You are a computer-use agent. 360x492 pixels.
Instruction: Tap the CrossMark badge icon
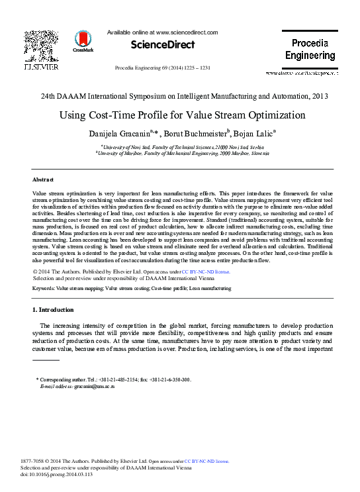(83, 40)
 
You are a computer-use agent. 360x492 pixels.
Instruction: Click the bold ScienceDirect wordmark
(163, 45)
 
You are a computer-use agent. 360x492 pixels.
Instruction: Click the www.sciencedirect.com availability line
(162, 32)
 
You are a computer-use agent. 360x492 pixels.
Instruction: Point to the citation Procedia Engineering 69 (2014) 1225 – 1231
(163, 68)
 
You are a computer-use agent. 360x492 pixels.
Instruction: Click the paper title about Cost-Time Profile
(182, 115)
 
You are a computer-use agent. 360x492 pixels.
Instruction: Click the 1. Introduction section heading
(53, 310)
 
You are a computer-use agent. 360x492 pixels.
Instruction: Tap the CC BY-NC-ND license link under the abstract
(208, 271)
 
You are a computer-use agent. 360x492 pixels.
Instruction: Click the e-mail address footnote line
(76, 385)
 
